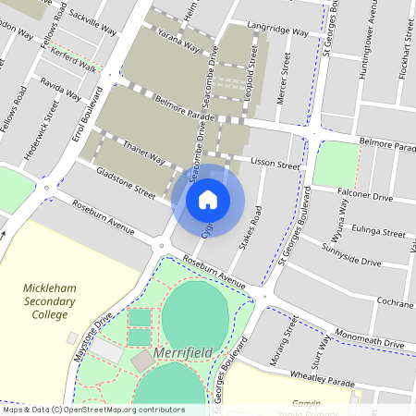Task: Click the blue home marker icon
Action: [x=208, y=198]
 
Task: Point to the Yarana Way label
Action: [x=177, y=43]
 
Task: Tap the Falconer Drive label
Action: [x=364, y=197]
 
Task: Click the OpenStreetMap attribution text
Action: [x=92, y=410]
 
